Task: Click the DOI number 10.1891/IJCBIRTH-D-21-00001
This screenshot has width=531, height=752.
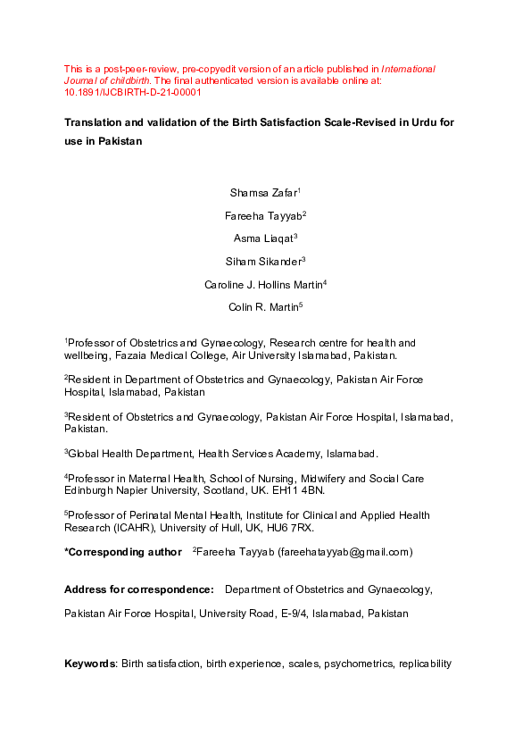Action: click(x=133, y=92)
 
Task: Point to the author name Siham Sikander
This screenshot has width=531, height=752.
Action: click(x=266, y=261)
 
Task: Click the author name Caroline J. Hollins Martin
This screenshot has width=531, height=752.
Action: click(x=264, y=284)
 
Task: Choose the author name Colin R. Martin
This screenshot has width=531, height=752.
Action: click(x=265, y=307)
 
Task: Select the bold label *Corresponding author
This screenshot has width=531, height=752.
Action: click(x=122, y=552)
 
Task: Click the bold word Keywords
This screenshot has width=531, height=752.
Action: click(x=90, y=664)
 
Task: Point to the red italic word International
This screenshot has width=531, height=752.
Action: click(x=409, y=68)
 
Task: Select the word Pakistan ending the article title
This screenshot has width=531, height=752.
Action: click(x=117, y=142)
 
